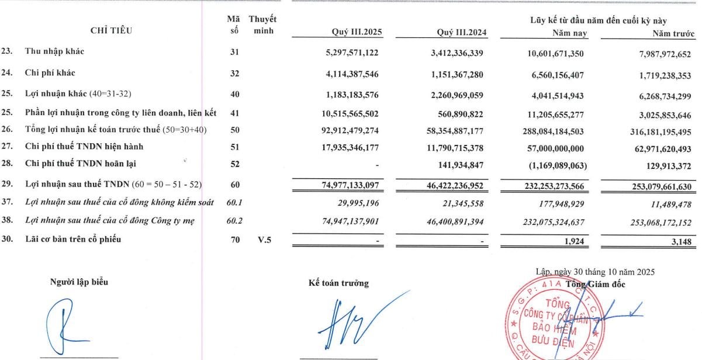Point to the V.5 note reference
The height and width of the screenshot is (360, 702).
click(262, 238)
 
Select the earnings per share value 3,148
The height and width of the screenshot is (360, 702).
click(681, 240)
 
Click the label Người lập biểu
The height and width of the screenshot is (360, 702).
click(79, 282)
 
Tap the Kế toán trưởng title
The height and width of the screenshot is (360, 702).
click(338, 283)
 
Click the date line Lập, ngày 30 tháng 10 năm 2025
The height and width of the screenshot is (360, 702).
click(595, 272)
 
